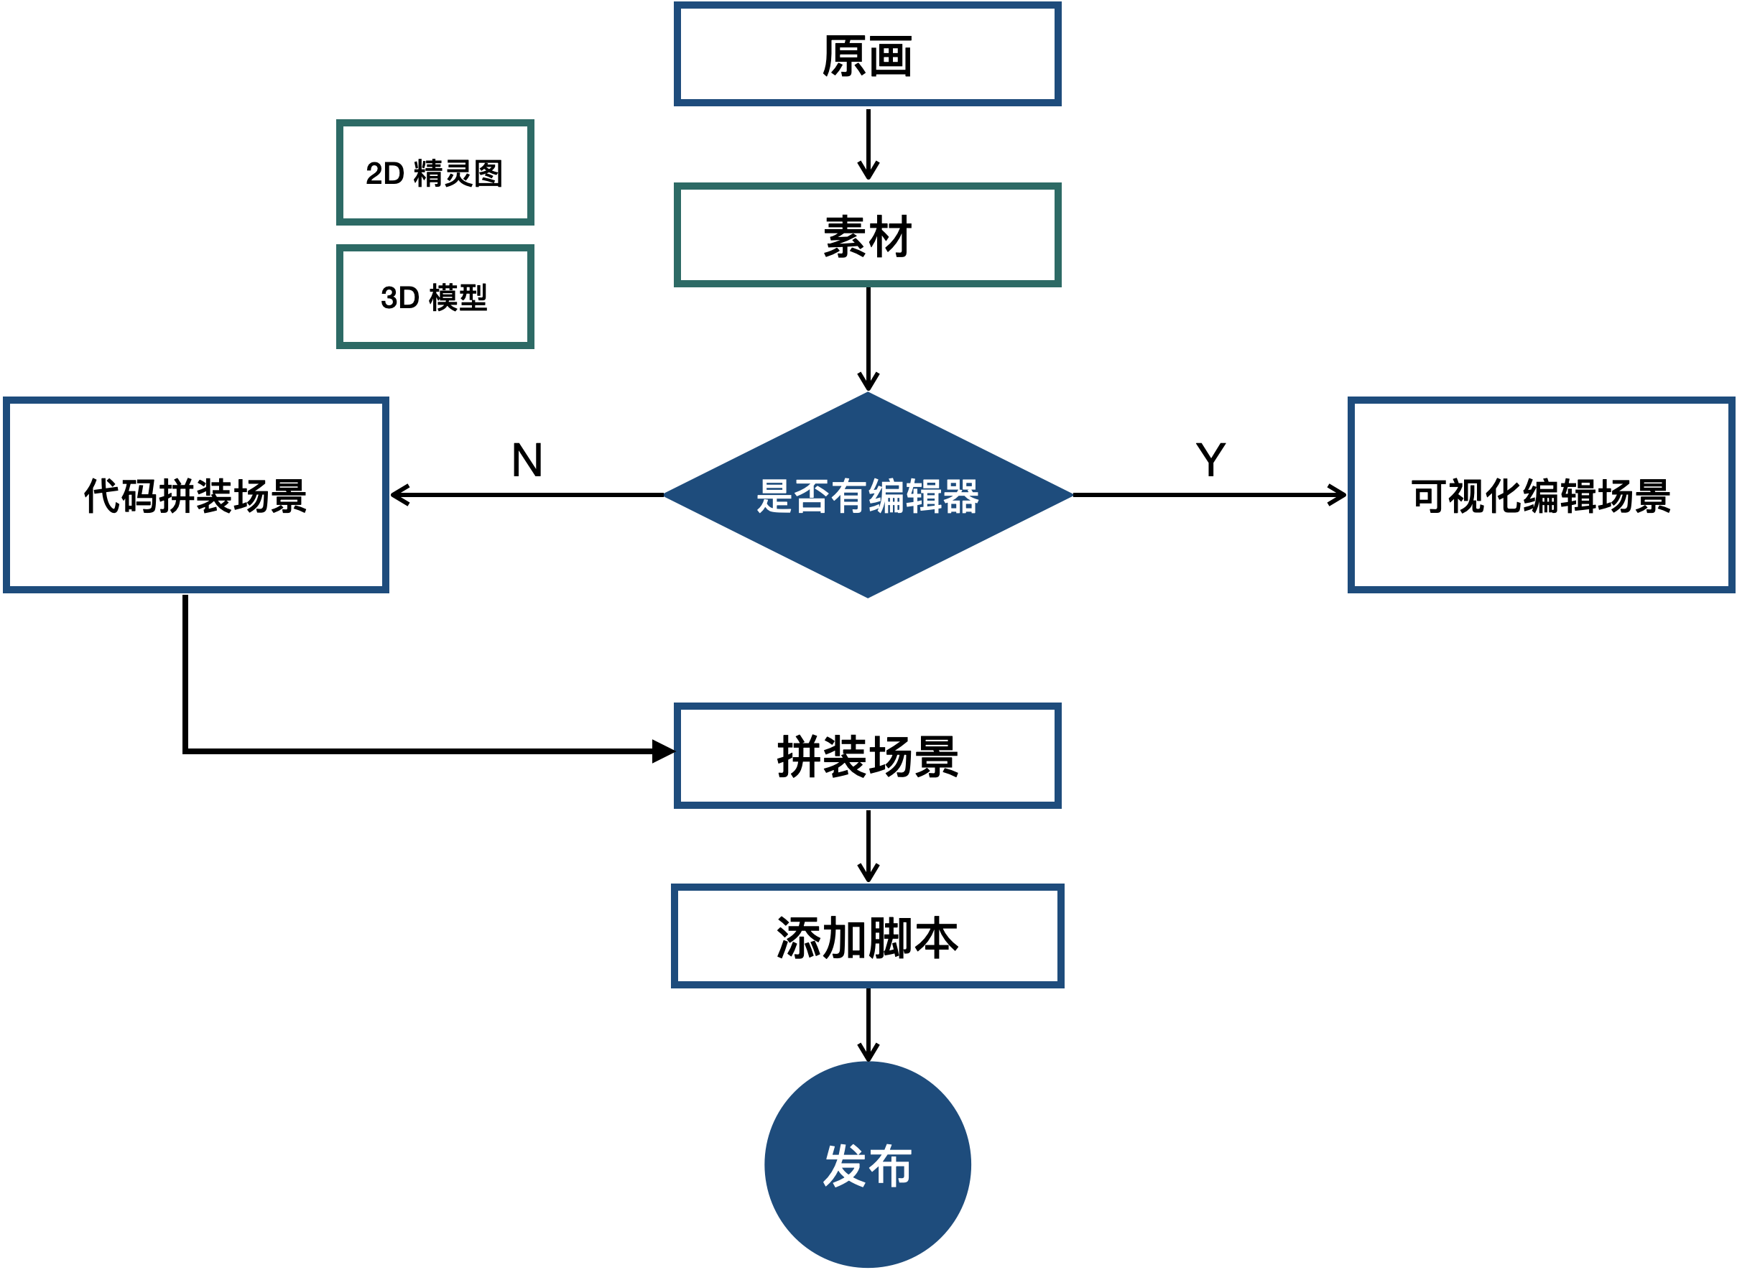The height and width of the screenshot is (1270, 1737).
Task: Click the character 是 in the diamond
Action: (774, 496)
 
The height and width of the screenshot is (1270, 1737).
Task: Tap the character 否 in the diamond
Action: (812, 496)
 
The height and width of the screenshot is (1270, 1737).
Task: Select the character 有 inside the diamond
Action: (849, 496)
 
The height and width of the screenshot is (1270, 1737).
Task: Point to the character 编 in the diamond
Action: (887, 496)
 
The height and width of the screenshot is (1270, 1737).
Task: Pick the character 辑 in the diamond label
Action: (924, 496)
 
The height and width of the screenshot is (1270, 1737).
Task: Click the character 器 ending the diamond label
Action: (961, 496)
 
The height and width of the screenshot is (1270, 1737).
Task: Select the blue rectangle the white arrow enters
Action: (868, 756)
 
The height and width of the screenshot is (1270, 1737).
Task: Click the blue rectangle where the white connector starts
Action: (1541, 495)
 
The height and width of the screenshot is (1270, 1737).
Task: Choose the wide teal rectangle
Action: (868, 234)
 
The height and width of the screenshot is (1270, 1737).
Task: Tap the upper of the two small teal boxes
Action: (435, 172)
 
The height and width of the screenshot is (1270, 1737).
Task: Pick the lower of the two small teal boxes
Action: (435, 297)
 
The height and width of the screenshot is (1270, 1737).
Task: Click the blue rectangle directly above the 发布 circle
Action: (868, 935)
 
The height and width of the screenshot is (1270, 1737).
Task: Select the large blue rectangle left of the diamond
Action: (196, 495)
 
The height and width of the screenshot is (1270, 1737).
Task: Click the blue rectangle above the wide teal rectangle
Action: (868, 54)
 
